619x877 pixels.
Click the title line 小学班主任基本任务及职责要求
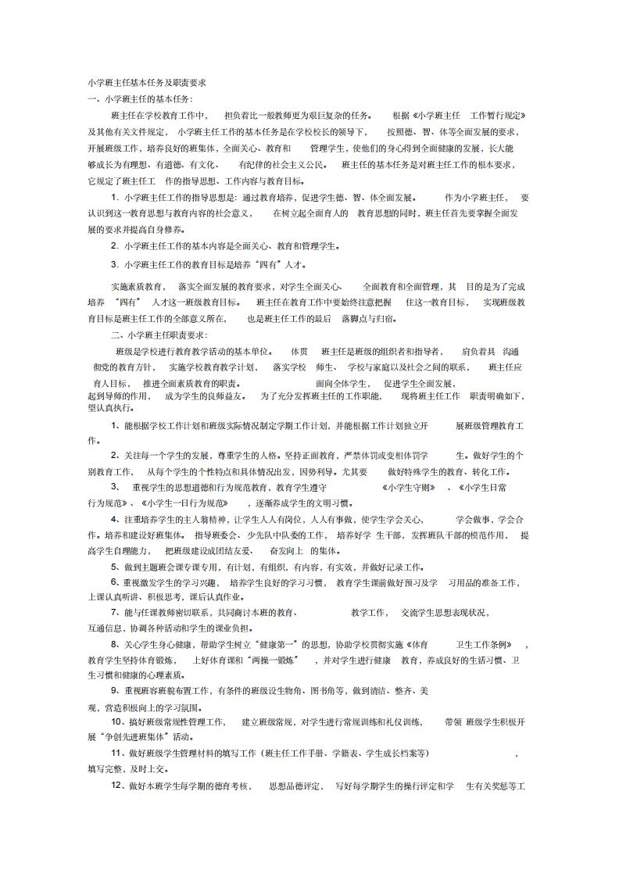(146, 82)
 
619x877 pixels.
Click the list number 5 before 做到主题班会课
(116, 567)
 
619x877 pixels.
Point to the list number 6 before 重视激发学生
(116, 583)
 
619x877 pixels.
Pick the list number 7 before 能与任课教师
(116, 611)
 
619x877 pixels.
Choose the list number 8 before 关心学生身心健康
(116, 644)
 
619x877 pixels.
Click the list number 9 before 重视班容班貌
(116, 691)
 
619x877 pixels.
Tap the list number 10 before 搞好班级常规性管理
(118, 721)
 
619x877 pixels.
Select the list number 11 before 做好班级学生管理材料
(118, 753)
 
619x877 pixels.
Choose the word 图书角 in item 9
(327, 691)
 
